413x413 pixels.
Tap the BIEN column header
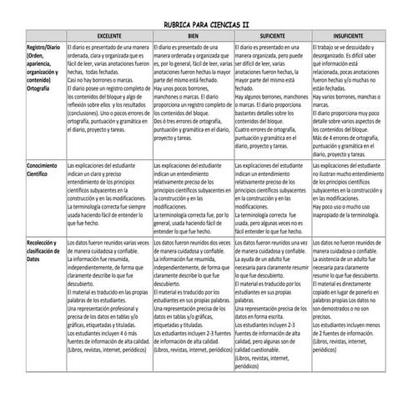193,38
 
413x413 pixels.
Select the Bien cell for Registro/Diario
193,101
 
